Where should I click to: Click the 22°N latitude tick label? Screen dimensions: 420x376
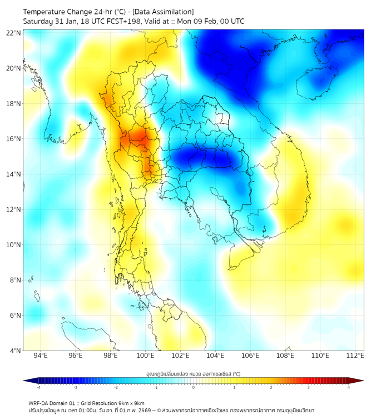[14, 33]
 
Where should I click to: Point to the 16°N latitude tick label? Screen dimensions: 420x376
[14, 139]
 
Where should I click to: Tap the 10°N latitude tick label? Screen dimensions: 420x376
[14, 245]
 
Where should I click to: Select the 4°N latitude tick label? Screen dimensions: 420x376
[15, 351]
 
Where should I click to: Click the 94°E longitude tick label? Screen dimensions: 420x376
[41, 356]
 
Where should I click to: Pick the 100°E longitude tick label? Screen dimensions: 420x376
[145, 356]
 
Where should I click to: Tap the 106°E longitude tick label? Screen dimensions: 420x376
[250, 356]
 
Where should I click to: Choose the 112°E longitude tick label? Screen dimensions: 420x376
[355, 356]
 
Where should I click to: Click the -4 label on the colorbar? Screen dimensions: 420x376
[38, 387]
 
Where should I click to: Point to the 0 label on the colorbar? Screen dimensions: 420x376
[194, 387]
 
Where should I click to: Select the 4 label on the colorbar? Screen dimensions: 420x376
[349, 387]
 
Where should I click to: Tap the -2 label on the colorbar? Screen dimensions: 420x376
[116, 387]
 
